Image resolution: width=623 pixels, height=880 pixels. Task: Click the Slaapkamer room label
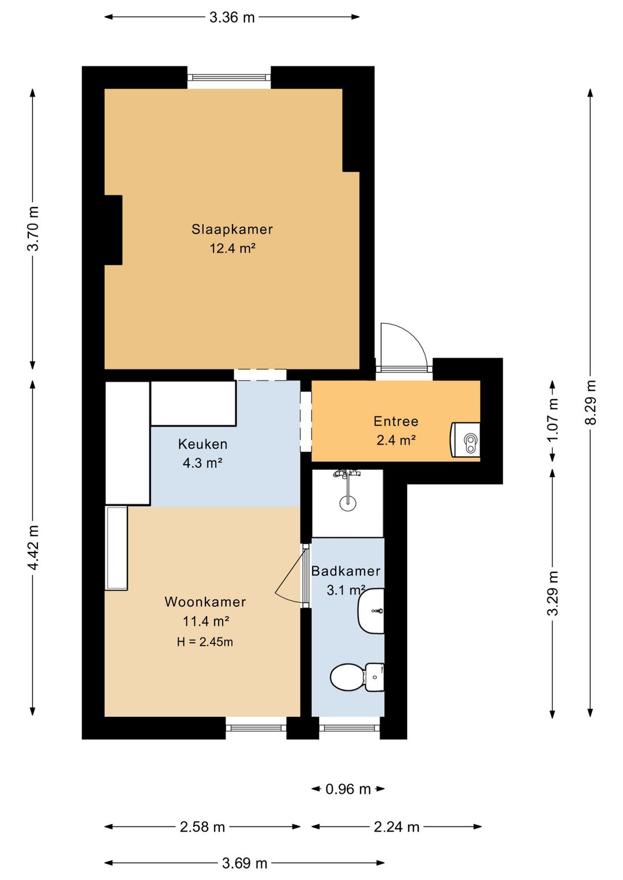[232, 229]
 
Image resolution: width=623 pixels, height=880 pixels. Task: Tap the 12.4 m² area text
[232, 249]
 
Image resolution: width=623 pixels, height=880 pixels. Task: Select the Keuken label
[203, 444]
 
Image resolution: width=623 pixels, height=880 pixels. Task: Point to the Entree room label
[396, 421]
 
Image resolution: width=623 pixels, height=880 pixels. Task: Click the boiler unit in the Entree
[465, 439]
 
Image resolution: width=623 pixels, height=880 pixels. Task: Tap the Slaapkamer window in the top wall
[229, 77]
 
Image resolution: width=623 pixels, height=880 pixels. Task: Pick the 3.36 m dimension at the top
[232, 17]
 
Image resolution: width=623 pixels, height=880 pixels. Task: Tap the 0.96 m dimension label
[348, 789]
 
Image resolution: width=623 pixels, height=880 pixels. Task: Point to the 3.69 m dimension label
[245, 863]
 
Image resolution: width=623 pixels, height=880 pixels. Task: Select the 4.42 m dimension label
[33, 547]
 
